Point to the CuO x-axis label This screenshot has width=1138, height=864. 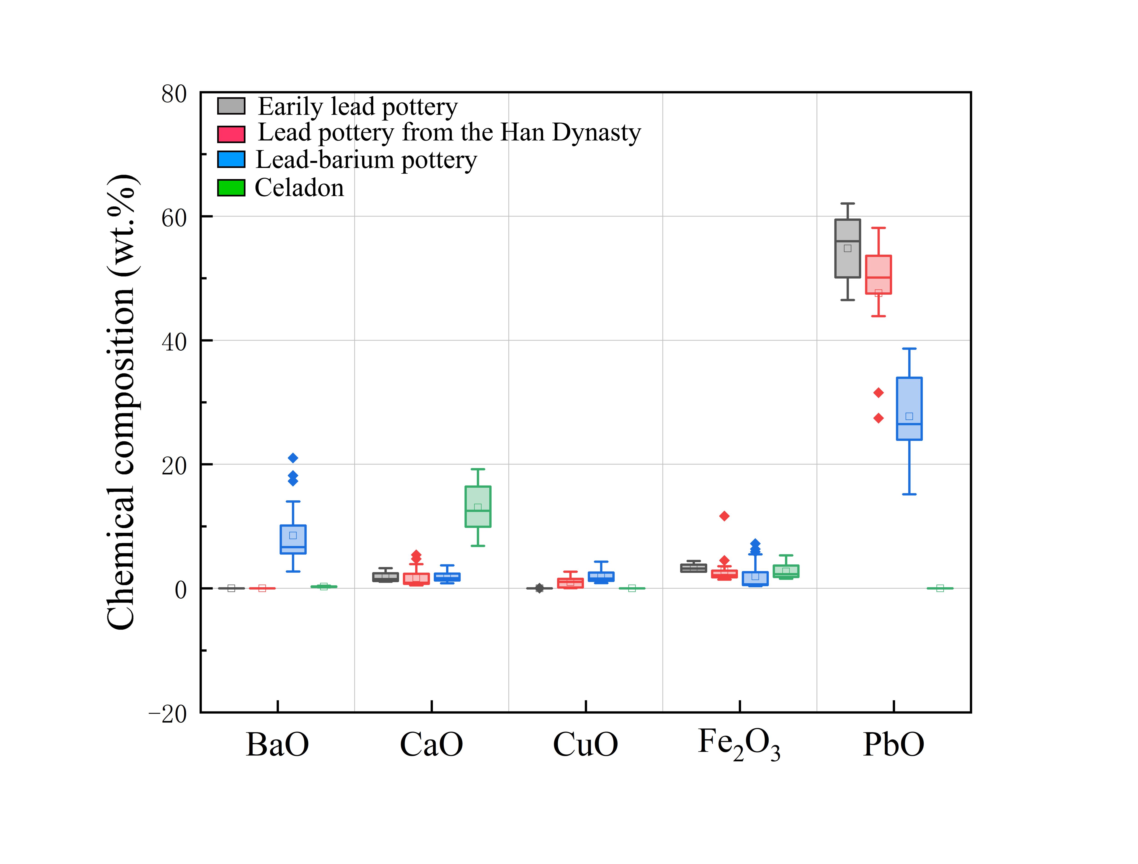point(585,744)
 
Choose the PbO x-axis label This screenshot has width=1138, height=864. point(894,744)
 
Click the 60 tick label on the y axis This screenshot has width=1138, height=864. point(173,218)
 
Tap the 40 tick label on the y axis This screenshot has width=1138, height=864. point(173,342)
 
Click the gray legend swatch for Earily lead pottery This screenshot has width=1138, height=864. point(231,106)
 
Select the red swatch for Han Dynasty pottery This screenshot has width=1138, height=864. point(231,134)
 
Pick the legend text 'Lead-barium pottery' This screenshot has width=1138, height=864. point(366,160)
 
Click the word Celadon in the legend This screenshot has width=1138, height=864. point(300,188)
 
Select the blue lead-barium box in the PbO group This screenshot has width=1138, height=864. point(909,409)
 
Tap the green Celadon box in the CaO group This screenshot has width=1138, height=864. point(478,507)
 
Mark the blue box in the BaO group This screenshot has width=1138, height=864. point(293,539)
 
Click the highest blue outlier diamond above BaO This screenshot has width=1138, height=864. point(293,458)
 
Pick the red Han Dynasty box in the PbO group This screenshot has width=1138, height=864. point(878,275)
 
